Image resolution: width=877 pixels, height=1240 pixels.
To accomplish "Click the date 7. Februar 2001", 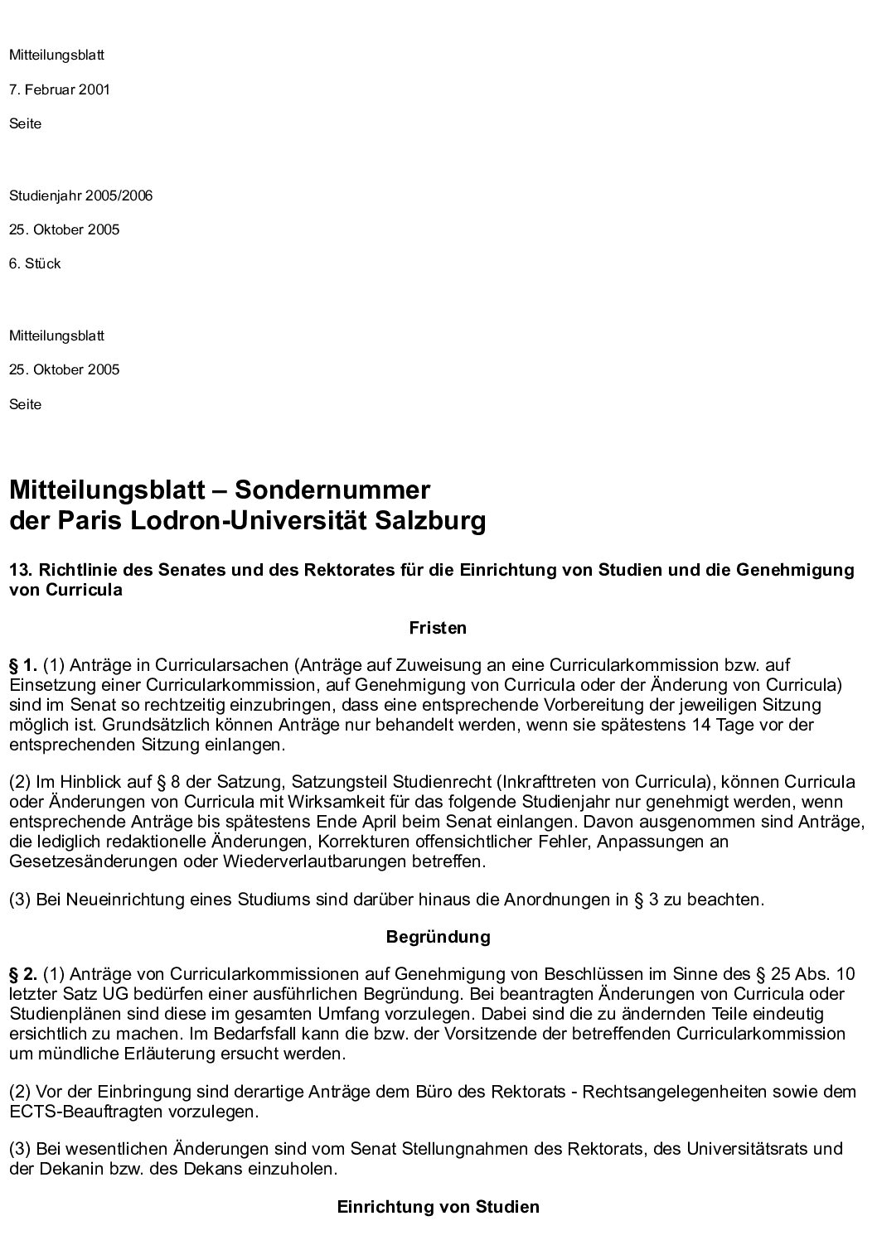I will (x=60, y=89).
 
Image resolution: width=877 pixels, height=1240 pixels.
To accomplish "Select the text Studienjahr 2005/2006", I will (x=80, y=196).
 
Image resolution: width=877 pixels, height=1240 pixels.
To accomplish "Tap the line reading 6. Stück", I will (x=35, y=263).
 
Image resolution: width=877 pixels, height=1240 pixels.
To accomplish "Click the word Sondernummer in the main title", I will (x=332, y=490).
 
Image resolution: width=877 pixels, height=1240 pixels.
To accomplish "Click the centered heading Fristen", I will (x=438, y=628).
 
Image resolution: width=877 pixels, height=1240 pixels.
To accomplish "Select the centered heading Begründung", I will (x=438, y=937).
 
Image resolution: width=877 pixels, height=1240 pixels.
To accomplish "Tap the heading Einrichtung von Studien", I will (x=438, y=1207).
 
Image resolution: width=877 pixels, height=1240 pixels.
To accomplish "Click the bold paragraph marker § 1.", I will (x=23, y=664).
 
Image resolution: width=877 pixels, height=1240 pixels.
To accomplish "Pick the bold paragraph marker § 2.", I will (x=23, y=973).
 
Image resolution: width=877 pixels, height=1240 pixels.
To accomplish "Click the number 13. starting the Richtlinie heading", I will (x=20, y=570).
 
